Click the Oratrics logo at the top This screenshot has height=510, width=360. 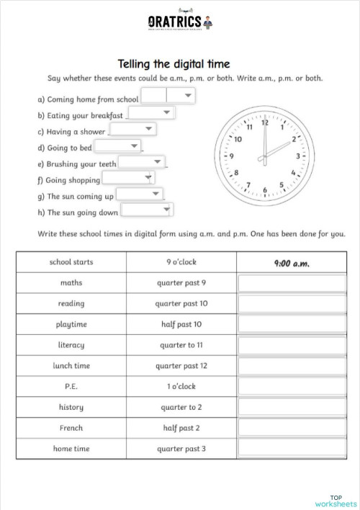(179, 21)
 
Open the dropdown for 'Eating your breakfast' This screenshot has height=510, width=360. (151, 113)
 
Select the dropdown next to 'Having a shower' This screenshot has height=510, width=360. (132, 130)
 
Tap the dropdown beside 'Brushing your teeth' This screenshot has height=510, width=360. (142, 163)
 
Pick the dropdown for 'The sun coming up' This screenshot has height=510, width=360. (140, 194)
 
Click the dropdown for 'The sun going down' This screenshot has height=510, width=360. (148, 210)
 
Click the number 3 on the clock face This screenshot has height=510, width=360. (298, 155)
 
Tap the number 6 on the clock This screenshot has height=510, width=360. (265, 190)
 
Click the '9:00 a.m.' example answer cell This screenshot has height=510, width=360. (292, 263)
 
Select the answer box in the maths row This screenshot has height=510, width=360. (292, 283)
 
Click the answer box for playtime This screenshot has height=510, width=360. (292, 324)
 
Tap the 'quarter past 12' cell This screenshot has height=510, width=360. (181, 366)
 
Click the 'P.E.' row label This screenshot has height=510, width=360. (71, 387)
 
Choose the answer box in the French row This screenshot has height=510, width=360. (292, 428)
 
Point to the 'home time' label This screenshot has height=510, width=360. (71, 449)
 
